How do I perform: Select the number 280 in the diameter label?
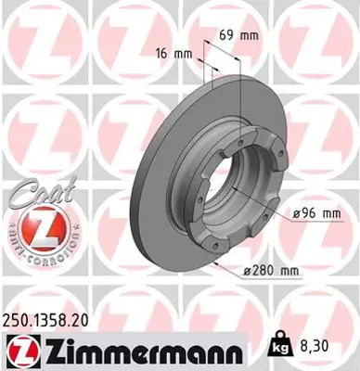(263, 270)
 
